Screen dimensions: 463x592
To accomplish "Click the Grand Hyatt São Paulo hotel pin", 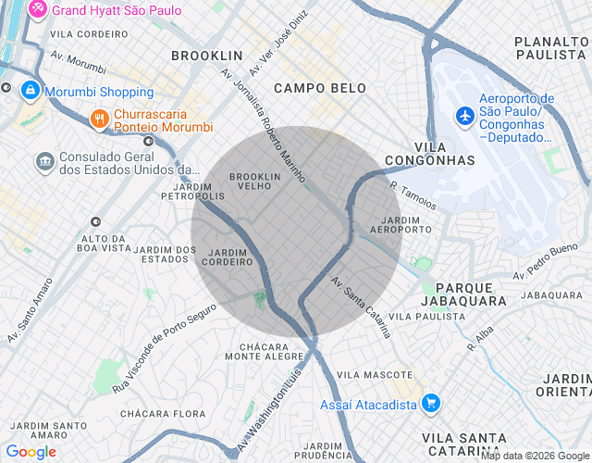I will click(x=39, y=10).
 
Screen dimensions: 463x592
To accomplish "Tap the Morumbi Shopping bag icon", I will click(x=31, y=92).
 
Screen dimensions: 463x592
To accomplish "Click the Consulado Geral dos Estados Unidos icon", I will click(x=43, y=163).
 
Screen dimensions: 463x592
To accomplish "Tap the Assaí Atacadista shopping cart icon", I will click(x=430, y=404).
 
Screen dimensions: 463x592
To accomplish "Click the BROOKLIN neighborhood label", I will click(x=206, y=56).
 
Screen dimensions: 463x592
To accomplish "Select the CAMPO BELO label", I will click(x=320, y=88).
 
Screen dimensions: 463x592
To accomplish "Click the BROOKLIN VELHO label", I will click(x=254, y=181).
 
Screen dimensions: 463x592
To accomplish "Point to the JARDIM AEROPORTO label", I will click(x=401, y=223).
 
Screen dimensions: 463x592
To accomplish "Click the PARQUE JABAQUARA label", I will click(x=463, y=294).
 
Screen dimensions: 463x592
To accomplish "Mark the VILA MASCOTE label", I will click(x=375, y=374).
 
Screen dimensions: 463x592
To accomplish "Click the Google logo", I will click(x=31, y=452).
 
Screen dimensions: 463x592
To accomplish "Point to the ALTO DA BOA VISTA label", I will click(x=104, y=244).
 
